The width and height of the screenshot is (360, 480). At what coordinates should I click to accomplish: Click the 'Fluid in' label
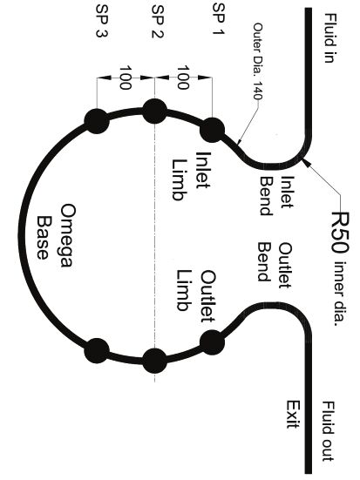click(x=329, y=38)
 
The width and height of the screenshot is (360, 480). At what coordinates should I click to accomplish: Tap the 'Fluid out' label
click(x=329, y=431)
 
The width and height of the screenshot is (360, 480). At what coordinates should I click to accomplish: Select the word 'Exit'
click(x=293, y=414)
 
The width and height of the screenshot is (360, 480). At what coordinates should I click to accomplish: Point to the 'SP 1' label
click(x=219, y=19)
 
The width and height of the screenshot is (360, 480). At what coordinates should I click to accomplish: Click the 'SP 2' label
click(x=158, y=22)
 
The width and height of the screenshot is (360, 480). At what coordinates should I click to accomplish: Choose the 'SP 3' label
click(x=102, y=21)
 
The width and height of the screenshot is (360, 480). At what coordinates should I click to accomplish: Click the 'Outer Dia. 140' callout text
click(x=258, y=61)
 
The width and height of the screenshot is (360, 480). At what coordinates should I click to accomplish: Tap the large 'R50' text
click(x=341, y=232)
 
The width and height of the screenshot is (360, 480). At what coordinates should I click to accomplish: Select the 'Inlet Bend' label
click(x=276, y=195)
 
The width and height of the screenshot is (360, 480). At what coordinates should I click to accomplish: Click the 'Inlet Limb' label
click(x=191, y=176)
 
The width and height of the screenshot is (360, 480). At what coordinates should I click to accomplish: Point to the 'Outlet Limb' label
click(x=196, y=295)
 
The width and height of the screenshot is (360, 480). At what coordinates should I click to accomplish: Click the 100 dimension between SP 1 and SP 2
click(x=183, y=78)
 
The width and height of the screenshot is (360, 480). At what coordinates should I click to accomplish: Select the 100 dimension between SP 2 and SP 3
click(x=125, y=78)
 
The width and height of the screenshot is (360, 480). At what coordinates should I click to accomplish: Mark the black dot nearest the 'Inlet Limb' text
click(x=212, y=130)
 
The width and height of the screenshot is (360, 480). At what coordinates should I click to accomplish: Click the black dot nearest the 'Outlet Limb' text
click(x=212, y=342)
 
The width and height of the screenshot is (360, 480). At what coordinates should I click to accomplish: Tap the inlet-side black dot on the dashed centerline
click(x=155, y=112)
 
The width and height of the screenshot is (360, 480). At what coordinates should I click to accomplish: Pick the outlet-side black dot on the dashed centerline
click(x=155, y=361)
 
